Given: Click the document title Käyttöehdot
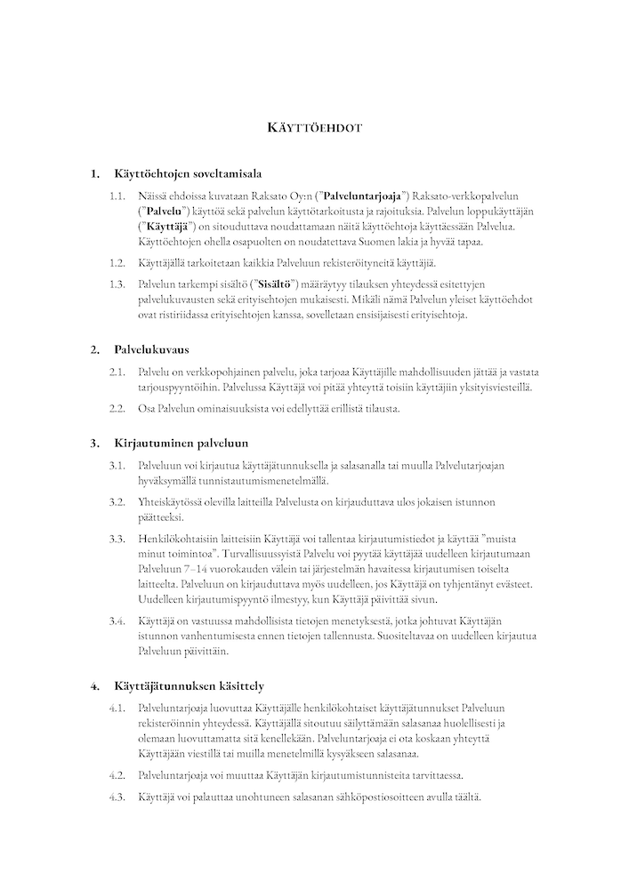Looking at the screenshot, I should [314, 127].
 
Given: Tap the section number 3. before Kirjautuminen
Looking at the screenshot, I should [95, 442].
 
